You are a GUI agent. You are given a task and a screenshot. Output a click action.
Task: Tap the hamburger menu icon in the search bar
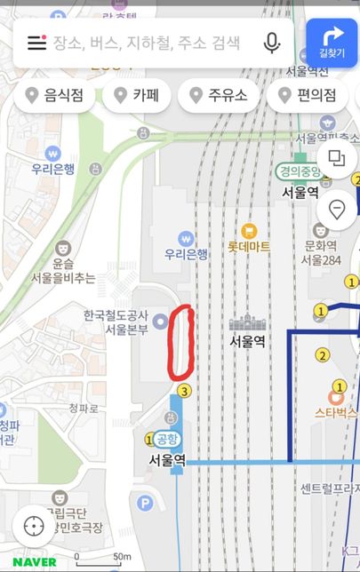tap(36, 43)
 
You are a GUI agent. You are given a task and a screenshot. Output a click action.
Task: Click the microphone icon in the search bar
tap(272, 43)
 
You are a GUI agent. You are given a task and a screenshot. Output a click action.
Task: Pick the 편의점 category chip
tap(308, 96)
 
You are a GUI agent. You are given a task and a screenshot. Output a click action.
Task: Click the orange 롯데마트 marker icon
tap(248, 232)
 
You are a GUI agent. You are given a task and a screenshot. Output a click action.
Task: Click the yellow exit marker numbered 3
tap(184, 391)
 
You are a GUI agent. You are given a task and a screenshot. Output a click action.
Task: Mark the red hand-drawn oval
tap(181, 341)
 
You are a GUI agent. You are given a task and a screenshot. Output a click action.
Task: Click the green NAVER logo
tap(35, 561)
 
